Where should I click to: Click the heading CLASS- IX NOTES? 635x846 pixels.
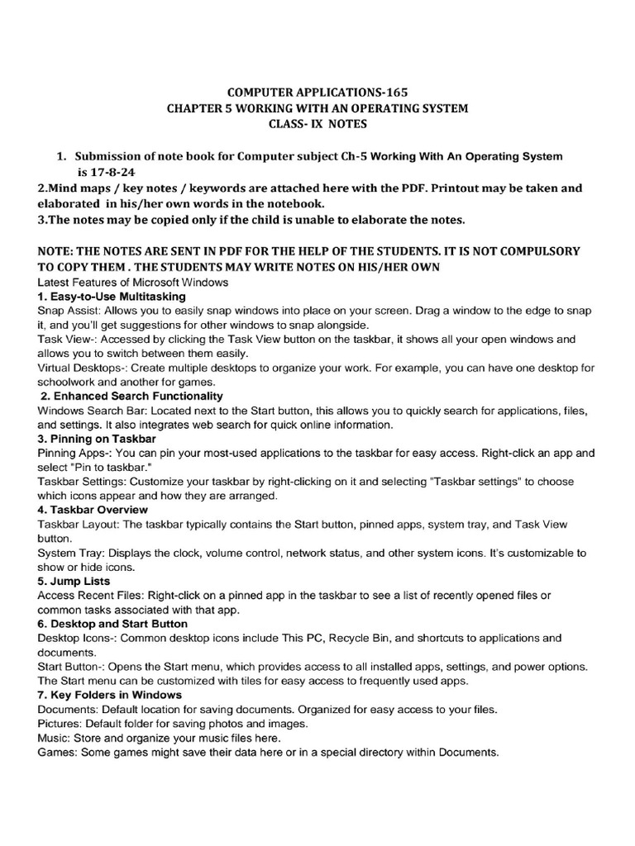(317, 125)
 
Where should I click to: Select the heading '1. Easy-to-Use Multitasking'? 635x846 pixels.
(112, 296)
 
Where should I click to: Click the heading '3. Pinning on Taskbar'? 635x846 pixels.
(97, 438)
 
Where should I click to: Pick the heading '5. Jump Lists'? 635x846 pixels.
(74, 581)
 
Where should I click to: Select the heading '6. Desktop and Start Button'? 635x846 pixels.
(112, 623)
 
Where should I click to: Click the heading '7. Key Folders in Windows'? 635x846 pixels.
(110, 695)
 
